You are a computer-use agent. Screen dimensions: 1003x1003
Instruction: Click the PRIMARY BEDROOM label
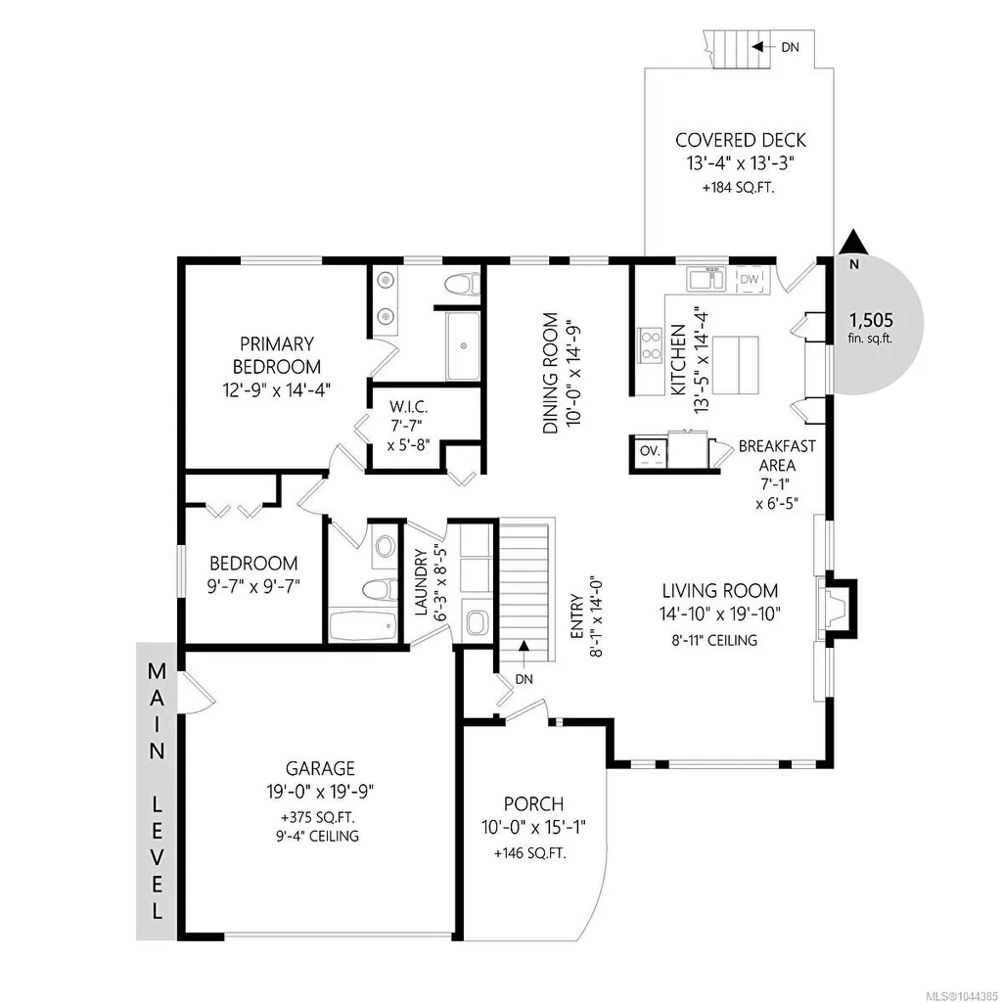pyautogui.click(x=276, y=355)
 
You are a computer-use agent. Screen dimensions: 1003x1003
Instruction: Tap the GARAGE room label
pyautogui.click(x=320, y=767)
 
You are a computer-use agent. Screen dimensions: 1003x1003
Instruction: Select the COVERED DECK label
pyautogui.click(x=741, y=140)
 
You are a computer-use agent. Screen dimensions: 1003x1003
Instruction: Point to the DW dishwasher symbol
pyautogui.click(x=749, y=280)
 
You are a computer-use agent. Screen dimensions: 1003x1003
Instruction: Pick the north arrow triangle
pyautogui.click(x=853, y=242)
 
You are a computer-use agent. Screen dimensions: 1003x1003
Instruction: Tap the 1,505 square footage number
pyautogui.click(x=871, y=319)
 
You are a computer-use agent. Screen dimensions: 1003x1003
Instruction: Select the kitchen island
pyautogui.click(x=736, y=365)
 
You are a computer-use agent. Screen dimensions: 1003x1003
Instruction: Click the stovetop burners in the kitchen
pyautogui.click(x=650, y=344)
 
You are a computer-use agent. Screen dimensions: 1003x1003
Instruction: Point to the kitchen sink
pyautogui.click(x=706, y=280)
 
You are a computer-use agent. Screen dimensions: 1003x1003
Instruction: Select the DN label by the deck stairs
pyautogui.click(x=790, y=47)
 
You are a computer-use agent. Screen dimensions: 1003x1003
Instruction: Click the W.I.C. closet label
pyautogui.click(x=408, y=425)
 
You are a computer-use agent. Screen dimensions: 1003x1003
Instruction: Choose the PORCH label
pyautogui.click(x=533, y=803)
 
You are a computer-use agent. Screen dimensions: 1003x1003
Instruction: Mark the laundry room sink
pyautogui.click(x=476, y=621)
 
